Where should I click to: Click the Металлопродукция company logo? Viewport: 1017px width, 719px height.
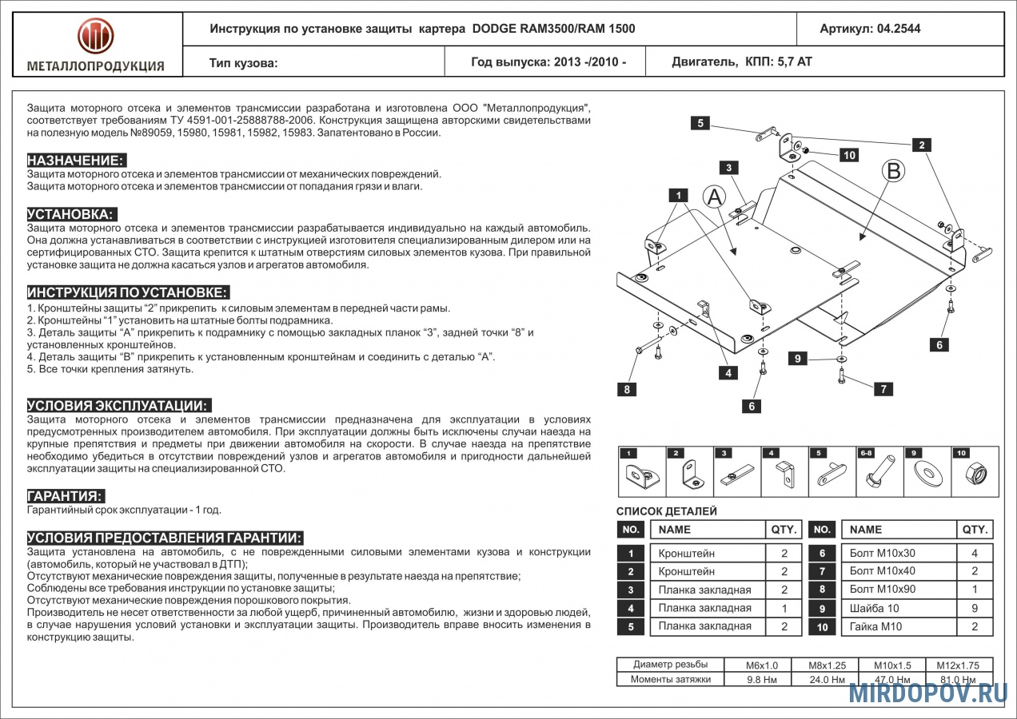(95, 37)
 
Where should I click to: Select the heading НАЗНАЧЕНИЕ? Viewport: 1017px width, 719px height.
(77, 161)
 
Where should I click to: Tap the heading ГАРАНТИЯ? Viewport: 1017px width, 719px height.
(66, 496)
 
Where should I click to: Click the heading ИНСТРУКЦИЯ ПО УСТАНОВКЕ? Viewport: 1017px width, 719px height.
(129, 292)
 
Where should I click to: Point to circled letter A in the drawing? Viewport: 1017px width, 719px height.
(715, 197)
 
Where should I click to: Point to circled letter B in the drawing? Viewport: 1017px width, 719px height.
(894, 170)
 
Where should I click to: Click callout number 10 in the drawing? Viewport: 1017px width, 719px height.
(848, 155)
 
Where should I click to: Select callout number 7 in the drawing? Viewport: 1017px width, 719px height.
(883, 389)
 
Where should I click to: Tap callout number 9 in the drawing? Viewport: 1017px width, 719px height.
(797, 359)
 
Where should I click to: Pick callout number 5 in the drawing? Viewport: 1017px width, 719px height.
(700, 123)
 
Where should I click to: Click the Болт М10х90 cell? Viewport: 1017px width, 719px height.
(883, 590)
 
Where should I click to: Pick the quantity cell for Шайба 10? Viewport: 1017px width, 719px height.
(975, 608)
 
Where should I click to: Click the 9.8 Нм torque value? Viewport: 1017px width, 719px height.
(756, 680)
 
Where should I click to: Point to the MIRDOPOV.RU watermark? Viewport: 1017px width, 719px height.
(927, 693)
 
